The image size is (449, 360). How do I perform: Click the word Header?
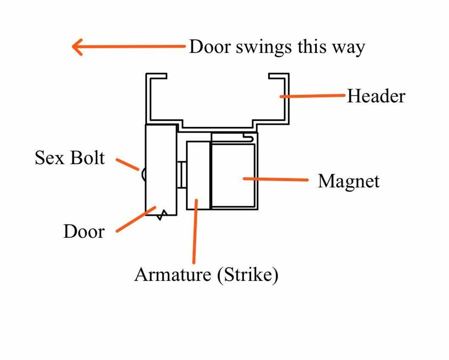(376, 96)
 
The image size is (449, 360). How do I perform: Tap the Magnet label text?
(348, 181)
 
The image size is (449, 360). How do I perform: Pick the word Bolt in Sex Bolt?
(87, 158)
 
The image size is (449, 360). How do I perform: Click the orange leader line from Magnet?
(276, 179)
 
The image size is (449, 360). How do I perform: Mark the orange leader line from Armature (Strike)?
(195, 232)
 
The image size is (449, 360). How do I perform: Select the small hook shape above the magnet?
(250, 137)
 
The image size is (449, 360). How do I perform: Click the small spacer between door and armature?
(182, 175)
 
